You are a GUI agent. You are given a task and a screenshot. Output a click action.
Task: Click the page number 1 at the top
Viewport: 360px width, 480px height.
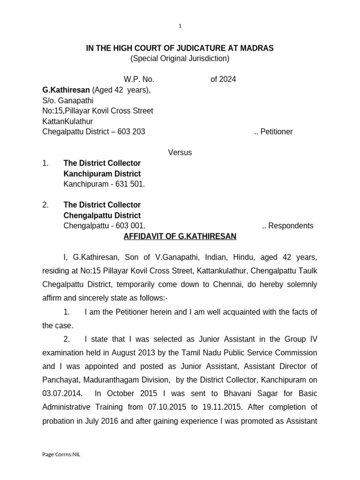(x=180, y=26)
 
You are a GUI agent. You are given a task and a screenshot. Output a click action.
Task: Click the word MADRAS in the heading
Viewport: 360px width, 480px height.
(x=257, y=48)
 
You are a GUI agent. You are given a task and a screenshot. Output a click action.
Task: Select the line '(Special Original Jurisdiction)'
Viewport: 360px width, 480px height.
(x=180, y=59)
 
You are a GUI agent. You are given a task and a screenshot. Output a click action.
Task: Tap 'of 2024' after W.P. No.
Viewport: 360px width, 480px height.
(x=223, y=79)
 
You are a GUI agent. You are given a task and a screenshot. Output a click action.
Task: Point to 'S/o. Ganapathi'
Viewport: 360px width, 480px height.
(x=68, y=100)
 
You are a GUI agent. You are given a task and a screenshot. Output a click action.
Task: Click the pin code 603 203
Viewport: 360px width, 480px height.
(x=132, y=132)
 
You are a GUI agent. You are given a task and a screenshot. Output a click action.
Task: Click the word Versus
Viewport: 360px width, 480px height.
(x=180, y=152)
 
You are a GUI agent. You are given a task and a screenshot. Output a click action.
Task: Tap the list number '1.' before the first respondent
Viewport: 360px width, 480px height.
(x=45, y=163)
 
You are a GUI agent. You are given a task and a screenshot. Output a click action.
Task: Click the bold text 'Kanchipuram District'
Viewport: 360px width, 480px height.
(x=102, y=174)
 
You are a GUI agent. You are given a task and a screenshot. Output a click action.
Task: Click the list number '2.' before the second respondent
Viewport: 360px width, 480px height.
(x=45, y=205)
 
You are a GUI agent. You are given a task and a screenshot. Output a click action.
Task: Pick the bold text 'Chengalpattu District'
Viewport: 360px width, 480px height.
(x=102, y=216)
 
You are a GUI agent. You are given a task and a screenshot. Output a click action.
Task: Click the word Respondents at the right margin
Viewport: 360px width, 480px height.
(x=291, y=226)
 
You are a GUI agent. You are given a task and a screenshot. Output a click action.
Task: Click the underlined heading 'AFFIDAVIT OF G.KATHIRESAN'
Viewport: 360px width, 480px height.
(x=180, y=236)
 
